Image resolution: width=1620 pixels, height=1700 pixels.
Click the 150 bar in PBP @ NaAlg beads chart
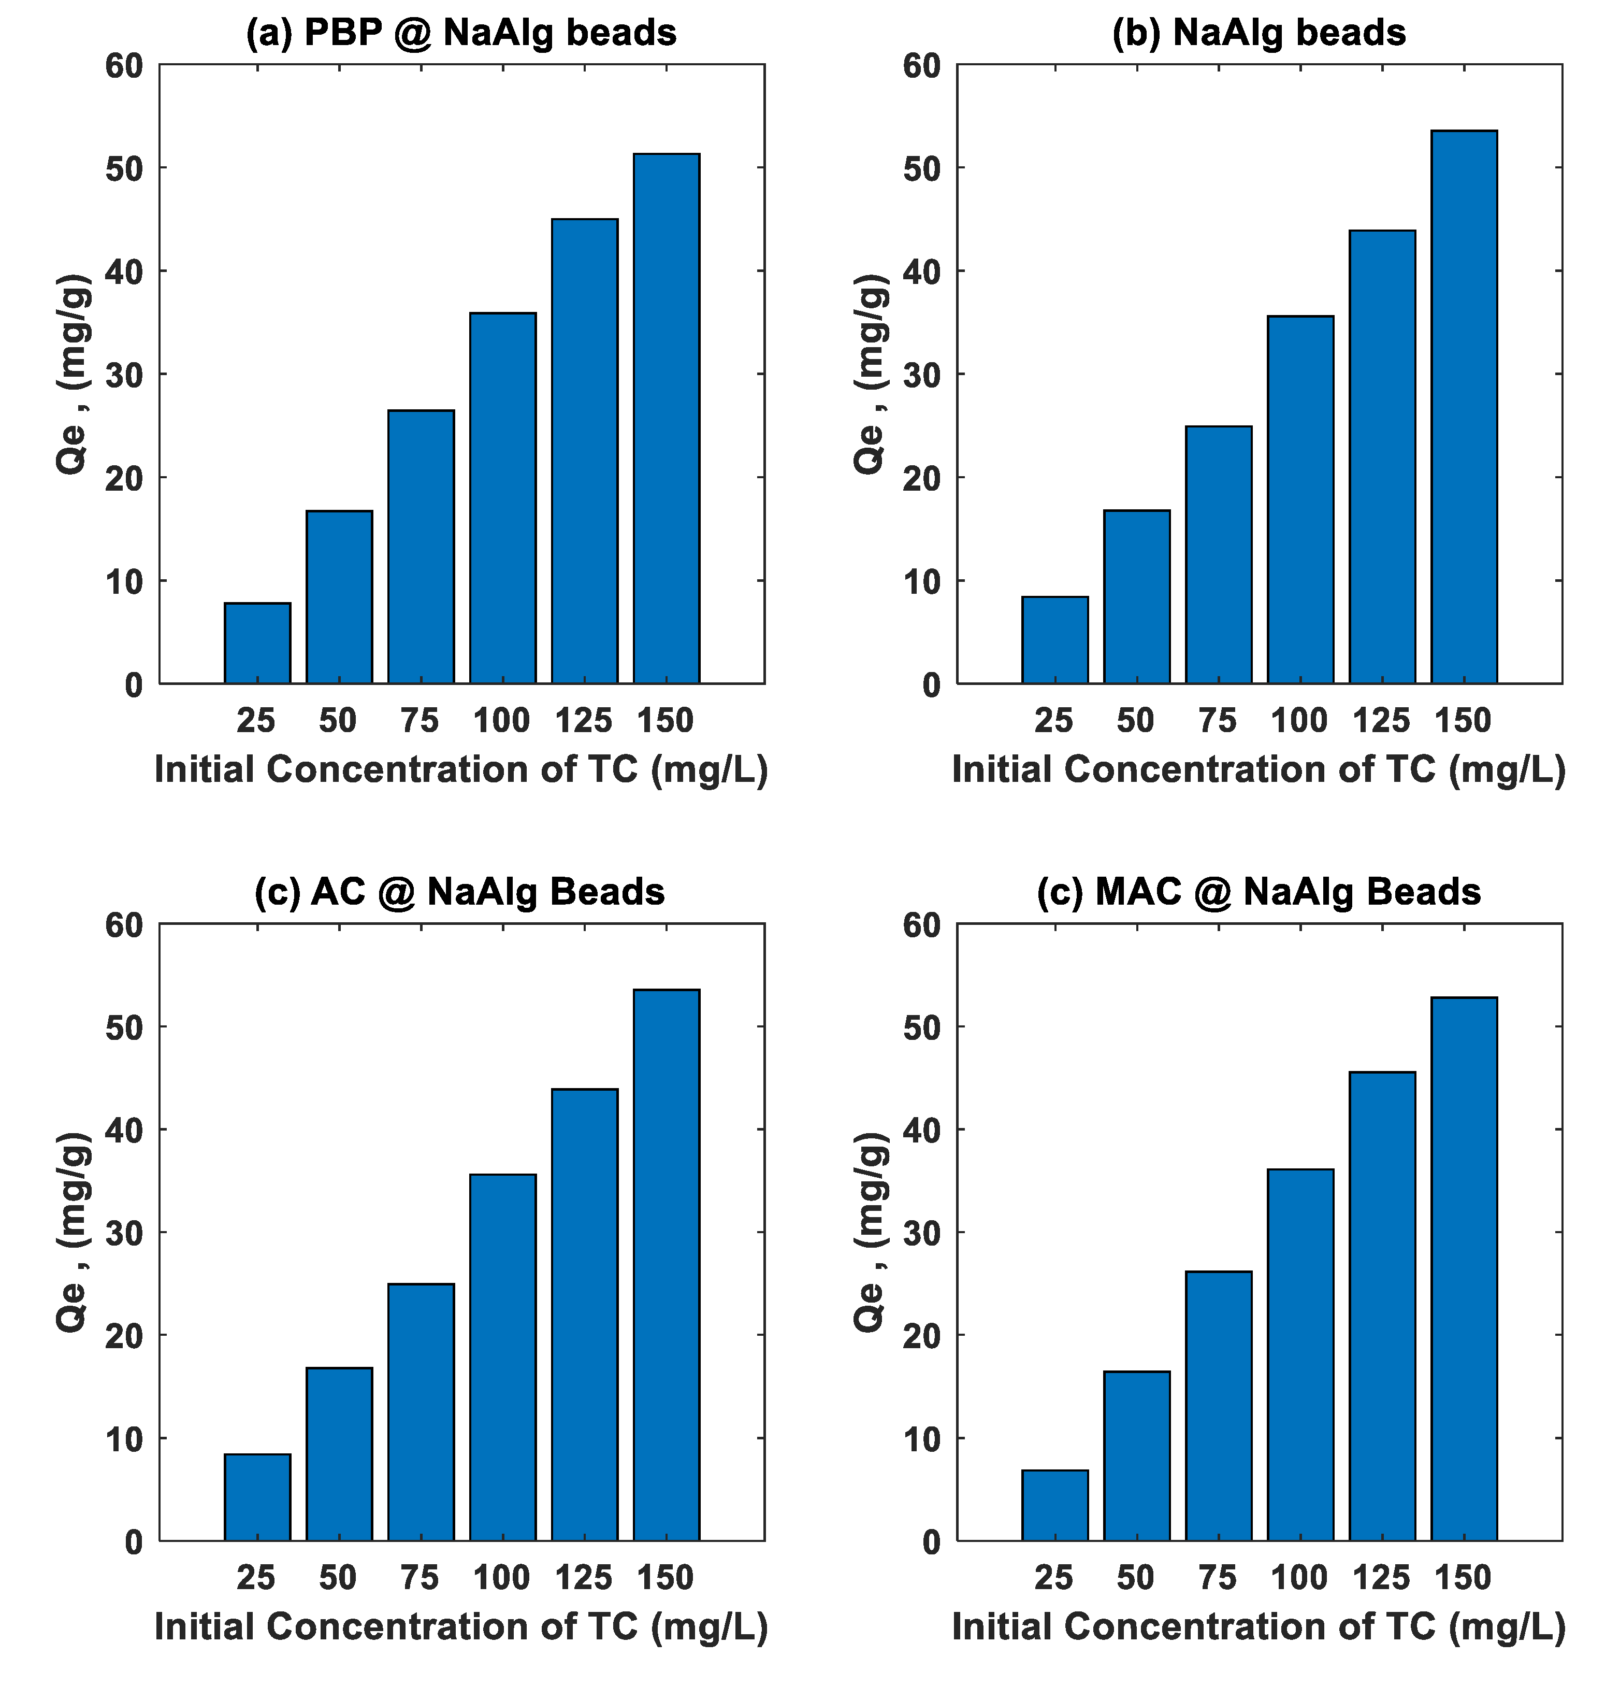(666, 419)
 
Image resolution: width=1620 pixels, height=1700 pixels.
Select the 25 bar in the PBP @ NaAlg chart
(257, 644)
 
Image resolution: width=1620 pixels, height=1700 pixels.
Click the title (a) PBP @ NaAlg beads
(461, 33)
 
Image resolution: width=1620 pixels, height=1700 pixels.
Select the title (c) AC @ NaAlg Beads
(459, 892)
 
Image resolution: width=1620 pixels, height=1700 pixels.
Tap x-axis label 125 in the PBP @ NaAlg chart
(584, 720)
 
